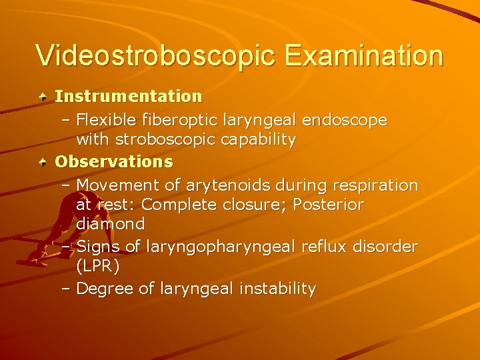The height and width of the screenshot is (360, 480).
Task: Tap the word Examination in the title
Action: pos(363,55)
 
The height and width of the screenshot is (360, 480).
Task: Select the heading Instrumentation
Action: pos(128,96)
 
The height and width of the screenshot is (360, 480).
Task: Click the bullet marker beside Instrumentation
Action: pos(43,97)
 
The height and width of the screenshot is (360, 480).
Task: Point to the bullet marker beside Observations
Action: pos(43,162)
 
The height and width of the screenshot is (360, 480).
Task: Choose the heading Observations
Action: pos(113,161)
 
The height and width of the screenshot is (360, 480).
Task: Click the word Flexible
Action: pos(107,120)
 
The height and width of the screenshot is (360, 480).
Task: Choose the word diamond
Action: pos(111,223)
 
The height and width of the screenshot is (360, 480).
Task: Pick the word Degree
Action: pos(106,289)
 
